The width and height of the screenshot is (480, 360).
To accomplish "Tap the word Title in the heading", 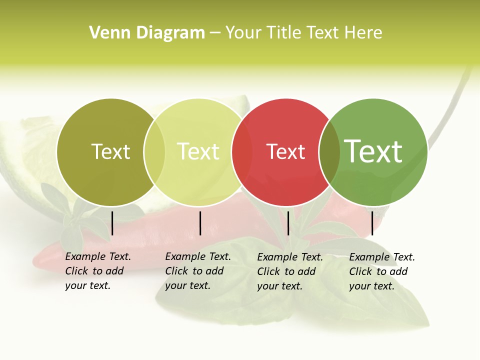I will [x=284, y=33].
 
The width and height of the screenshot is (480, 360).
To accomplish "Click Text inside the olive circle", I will [x=110, y=151].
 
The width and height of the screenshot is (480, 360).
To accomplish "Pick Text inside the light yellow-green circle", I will [x=198, y=151].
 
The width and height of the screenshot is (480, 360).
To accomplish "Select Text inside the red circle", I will [x=286, y=152].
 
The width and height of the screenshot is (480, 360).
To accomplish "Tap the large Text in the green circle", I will [x=373, y=151].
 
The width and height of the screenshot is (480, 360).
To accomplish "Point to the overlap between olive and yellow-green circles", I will [x=154, y=152].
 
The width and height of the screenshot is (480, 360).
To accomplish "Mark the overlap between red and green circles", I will [x=329, y=152].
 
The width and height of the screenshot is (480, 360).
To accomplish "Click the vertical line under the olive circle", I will [x=112, y=223].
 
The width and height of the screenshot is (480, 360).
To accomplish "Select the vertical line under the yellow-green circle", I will [x=200, y=223].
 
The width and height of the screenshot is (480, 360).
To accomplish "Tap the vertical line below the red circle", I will [x=288, y=223].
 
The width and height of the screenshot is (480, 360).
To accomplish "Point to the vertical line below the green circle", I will [x=372, y=223].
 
